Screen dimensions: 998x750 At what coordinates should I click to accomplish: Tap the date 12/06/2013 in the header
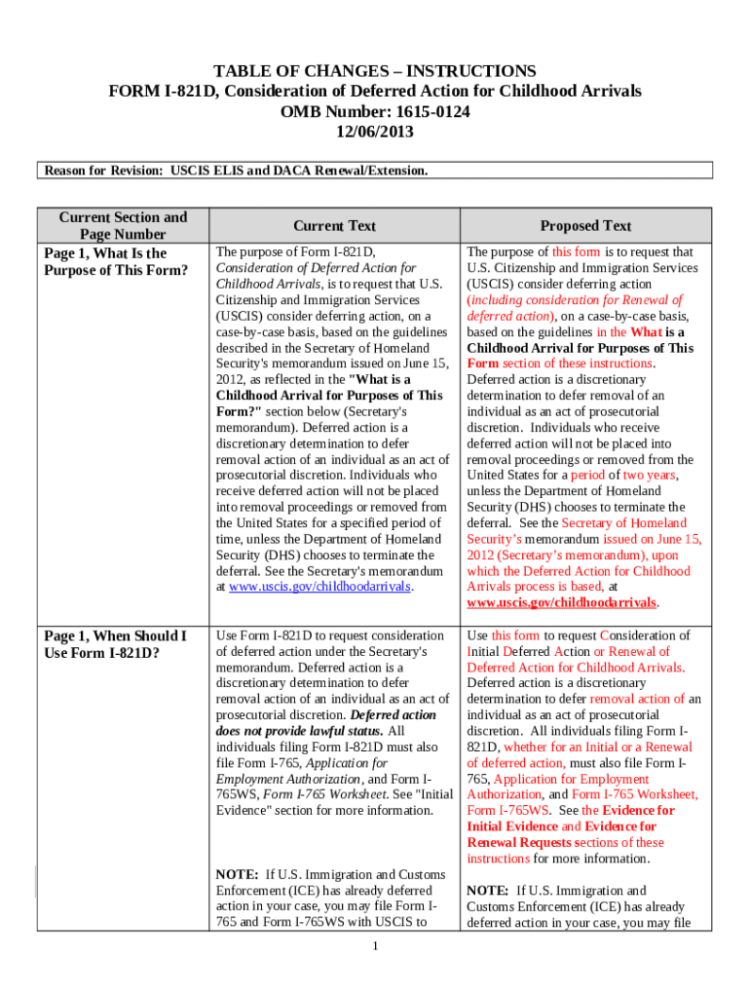[375, 131]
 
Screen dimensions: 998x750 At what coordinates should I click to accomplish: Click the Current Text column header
[334, 226]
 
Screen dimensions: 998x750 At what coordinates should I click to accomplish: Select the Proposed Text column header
[586, 226]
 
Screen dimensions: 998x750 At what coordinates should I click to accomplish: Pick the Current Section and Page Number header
[123, 226]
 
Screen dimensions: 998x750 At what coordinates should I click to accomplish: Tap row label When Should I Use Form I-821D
[116, 643]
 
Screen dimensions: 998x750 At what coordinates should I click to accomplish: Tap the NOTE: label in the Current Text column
[237, 874]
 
